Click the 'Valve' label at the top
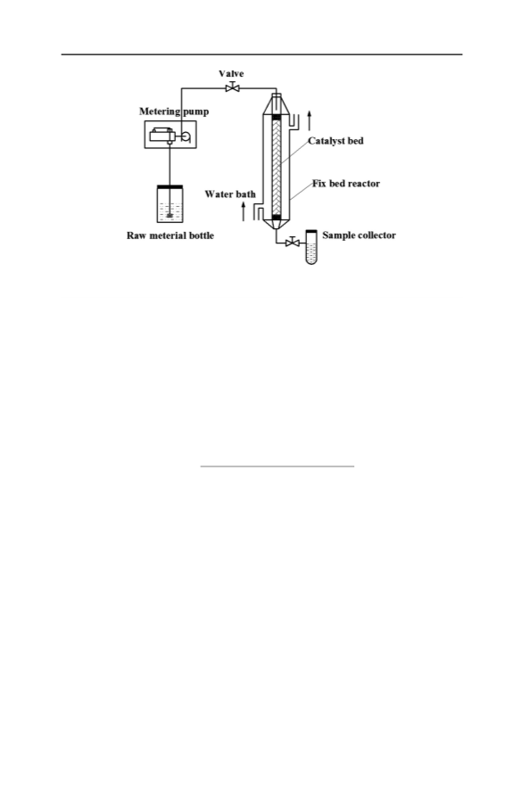[x=231, y=74]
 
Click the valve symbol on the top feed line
[x=233, y=88]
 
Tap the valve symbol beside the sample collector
[x=292, y=243]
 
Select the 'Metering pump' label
[x=174, y=111]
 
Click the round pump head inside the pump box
[x=186, y=136]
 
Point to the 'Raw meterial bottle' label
[x=170, y=235]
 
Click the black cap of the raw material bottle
[x=170, y=187]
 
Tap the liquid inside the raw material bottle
[x=170, y=211]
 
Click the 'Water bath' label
[x=230, y=194]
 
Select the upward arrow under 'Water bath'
[x=244, y=211]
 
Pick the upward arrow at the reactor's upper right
[x=310, y=120]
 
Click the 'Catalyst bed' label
[x=336, y=141]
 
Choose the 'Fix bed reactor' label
[x=345, y=184]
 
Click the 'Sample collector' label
[x=359, y=235]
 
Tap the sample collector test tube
[x=311, y=247]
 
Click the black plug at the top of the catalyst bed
[x=277, y=118]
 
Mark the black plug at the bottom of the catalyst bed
[x=277, y=218]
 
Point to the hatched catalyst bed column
[x=277, y=167]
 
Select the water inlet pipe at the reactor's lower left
[x=258, y=212]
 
